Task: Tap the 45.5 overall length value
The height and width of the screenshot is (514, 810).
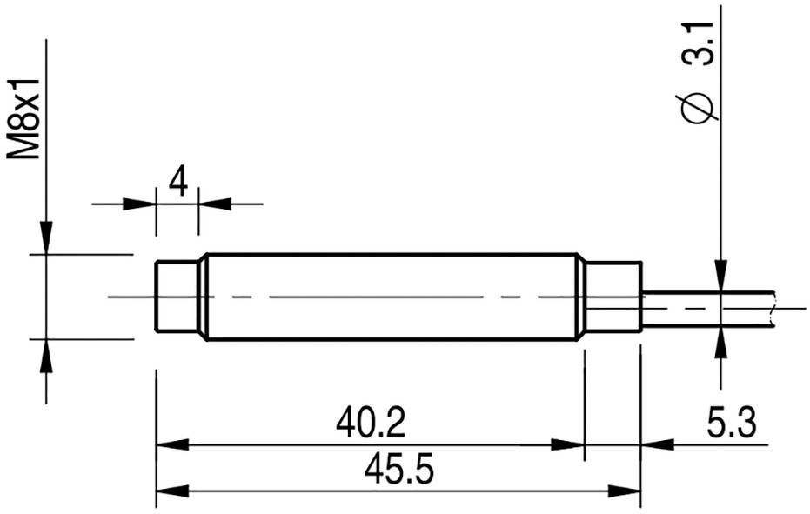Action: (x=399, y=471)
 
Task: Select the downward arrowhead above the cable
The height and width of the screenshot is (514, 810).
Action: (x=720, y=275)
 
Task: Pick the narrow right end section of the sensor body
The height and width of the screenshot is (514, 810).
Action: (x=613, y=297)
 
